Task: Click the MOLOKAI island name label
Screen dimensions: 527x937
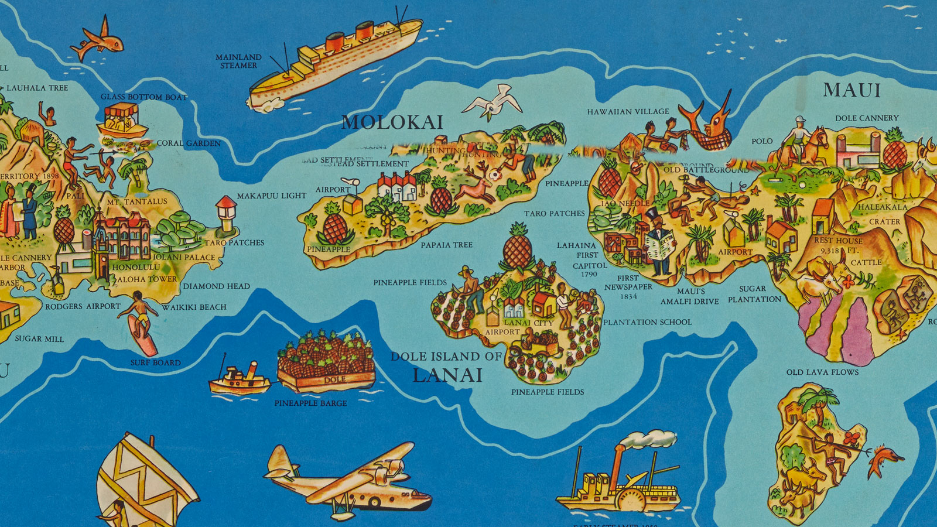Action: (x=392, y=122)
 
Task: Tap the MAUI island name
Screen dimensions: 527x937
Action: (x=851, y=90)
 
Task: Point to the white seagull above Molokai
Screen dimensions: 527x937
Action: (x=493, y=103)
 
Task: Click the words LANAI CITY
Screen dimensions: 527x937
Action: (x=528, y=323)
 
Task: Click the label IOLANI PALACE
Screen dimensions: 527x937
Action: (x=184, y=257)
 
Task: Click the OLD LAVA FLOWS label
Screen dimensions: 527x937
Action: (x=822, y=372)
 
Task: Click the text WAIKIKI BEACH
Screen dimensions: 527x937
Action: (x=194, y=307)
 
